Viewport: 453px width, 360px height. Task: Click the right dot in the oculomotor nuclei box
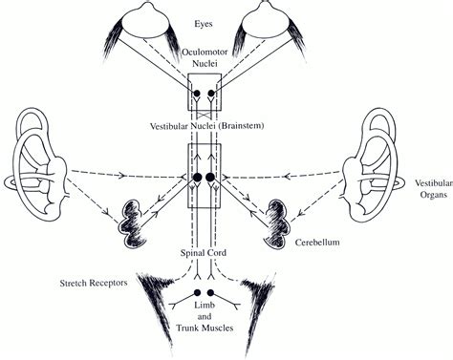pyautogui.click(x=211, y=95)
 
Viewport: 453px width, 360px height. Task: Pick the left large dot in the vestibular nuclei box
pyautogui.click(x=197, y=178)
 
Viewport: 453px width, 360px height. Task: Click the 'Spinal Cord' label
pyautogui.click(x=205, y=254)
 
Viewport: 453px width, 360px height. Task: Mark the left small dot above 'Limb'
pyautogui.click(x=198, y=292)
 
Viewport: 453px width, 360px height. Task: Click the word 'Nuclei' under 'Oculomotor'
pyautogui.click(x=205, y=69)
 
